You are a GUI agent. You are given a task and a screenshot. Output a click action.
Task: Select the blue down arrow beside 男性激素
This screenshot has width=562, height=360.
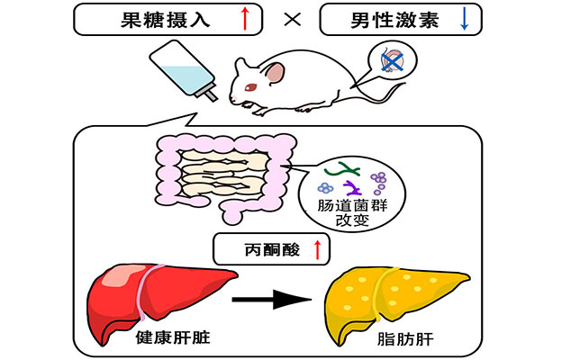pyautogui.click(x=466, y=19)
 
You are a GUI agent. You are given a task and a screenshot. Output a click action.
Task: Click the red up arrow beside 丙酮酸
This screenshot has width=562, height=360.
pyautogui.click(x=316, y=248)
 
